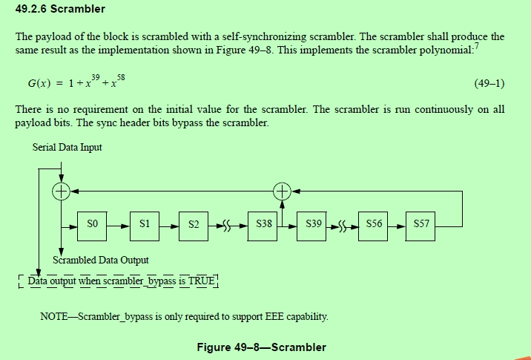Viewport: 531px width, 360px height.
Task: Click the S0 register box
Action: (93, 223)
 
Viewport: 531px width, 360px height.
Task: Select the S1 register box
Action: (144, 223)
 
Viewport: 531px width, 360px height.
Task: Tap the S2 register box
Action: (194, 223)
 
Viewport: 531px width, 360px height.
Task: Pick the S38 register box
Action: (264, 223)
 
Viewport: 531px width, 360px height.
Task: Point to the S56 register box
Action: (373, 223)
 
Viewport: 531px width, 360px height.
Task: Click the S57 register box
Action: (422, 223)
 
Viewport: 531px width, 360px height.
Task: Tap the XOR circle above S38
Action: (282, 192)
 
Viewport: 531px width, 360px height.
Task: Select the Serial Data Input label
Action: (67, 147)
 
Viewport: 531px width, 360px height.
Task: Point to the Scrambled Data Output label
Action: (101, 260)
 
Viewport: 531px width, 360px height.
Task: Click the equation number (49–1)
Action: (489, 82)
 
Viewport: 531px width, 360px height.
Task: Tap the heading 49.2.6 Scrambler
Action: (60, 10)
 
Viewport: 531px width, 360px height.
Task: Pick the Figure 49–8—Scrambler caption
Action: (261, 347)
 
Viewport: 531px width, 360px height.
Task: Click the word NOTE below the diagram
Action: (55, 317)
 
